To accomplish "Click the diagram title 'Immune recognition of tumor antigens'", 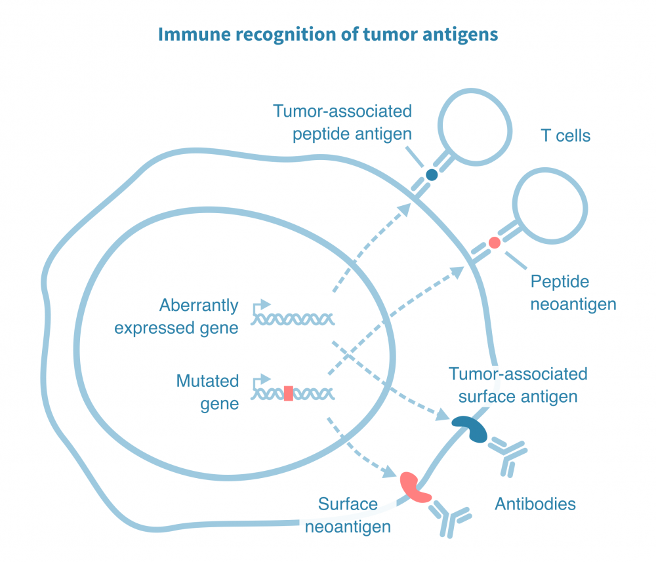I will coord(328,34).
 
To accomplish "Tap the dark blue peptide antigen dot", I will coord(432,174).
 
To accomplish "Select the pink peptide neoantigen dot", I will coord(495,243).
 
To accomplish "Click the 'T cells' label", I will coord(565,136).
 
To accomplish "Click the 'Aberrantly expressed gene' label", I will coord(176,316).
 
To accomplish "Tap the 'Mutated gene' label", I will coord(207,392).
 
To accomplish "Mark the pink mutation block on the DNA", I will coord(288,393).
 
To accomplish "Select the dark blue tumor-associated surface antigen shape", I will coord(470,428).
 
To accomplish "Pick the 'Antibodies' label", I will coord(535,504).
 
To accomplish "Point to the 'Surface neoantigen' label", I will coord(348,515).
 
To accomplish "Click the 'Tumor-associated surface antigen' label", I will coord(518,385).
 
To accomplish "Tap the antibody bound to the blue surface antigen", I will coord(507,454).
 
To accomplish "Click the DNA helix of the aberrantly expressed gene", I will coord(295,319).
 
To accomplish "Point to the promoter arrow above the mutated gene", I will coord(262,378).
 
